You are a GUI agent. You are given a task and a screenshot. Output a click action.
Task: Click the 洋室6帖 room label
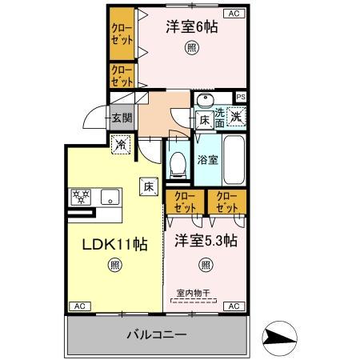[x=192, y=27]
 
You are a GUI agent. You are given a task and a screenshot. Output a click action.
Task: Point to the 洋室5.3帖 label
[x=206, y=240]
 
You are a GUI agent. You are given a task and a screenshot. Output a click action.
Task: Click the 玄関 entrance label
[x=123, y=119]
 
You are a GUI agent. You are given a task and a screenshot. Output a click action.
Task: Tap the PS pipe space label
[x=240, y=98]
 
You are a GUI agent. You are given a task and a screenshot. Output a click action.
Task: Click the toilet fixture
[x=178, y=165]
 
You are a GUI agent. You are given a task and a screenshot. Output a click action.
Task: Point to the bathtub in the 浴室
[x=235, y=157]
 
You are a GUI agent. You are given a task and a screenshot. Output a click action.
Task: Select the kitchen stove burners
[x=82, y=197]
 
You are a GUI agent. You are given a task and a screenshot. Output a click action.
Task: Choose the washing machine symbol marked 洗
[x=237, y=116]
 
